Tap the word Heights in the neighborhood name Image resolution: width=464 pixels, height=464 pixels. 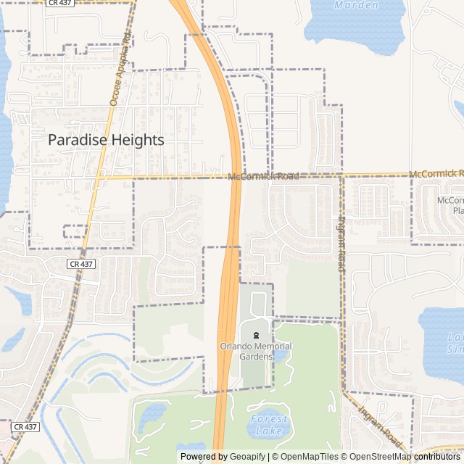[x=137, y=141]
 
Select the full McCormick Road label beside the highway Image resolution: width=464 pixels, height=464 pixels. [x=262, y=176]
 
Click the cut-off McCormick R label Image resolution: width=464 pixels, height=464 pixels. [x=436, y=174]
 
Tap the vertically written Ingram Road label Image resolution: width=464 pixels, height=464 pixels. [x=341, y=244]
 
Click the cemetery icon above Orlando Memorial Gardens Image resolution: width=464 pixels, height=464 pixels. [x=256, y=335]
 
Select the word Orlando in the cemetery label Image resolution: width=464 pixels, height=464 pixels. [x=236, y=347]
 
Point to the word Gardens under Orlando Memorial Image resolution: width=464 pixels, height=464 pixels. [x=256, y=357]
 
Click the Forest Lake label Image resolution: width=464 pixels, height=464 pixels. [x=269, y=426]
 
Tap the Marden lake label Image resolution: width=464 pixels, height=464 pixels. [x=356, y=5]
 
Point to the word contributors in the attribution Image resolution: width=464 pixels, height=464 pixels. [x=439, y=457]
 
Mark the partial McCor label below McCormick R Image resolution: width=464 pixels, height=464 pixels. [x=449, y=200]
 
